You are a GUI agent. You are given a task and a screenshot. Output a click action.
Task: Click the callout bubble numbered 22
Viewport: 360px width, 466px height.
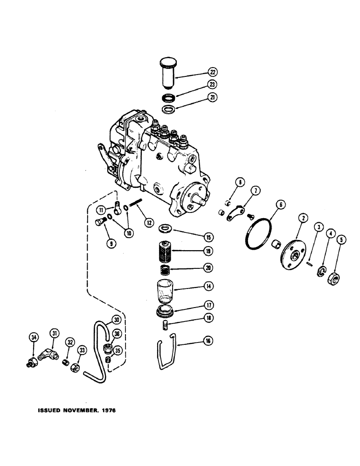213,72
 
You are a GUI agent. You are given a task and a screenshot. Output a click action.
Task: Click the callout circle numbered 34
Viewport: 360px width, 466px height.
33,337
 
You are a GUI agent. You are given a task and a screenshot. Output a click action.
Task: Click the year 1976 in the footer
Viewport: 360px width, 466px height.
106,411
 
